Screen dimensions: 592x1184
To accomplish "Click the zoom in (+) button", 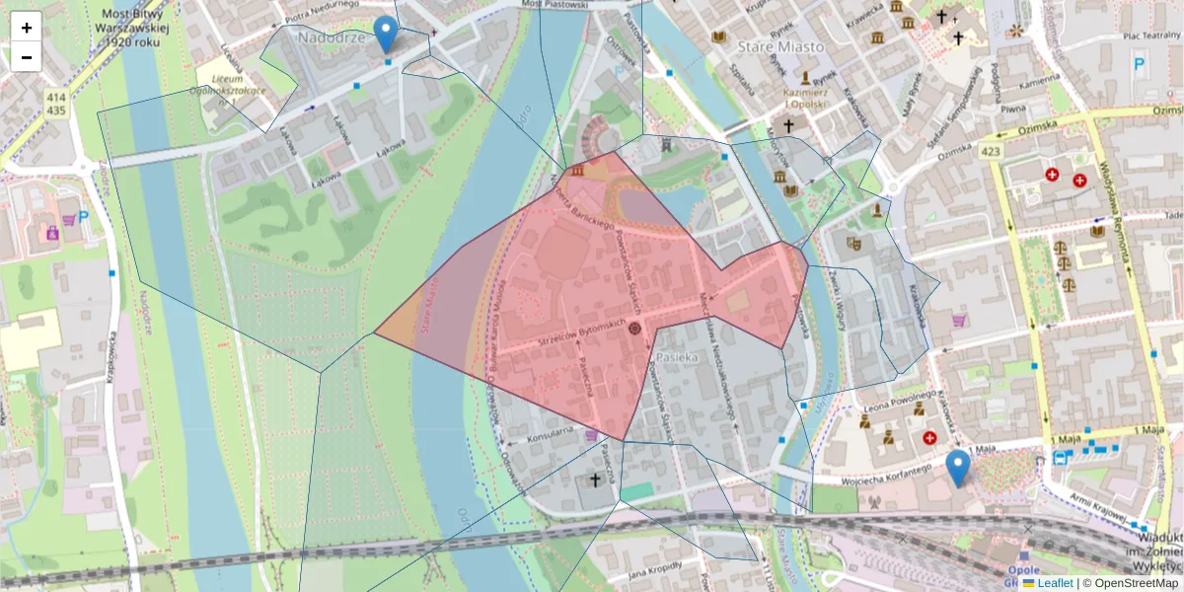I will tap(27, 28).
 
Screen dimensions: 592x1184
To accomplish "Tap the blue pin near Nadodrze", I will tap(388, 33).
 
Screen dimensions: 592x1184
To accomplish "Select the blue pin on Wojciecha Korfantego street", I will tap(957, 467).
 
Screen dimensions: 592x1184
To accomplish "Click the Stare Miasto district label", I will tap(786, 45).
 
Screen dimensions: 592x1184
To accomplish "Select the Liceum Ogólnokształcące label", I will tap(229, 82).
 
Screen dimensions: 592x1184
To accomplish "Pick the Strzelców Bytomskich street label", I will tap(582, 333).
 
